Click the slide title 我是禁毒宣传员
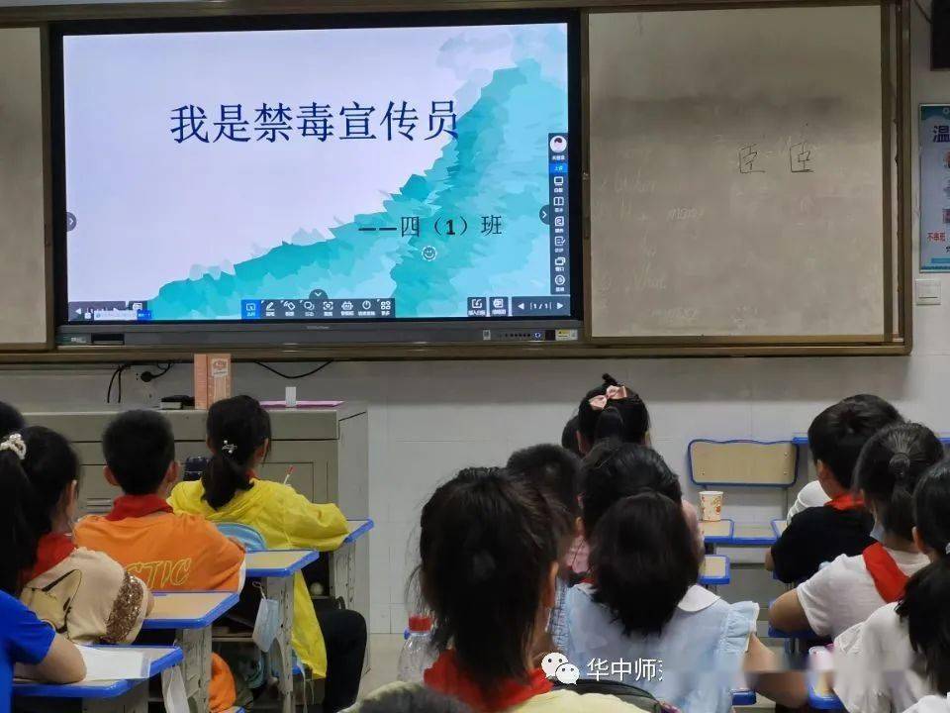pos(314,122)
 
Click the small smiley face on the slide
pos(428,254)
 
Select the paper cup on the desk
pos(711,505)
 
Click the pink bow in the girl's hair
pos(608,395)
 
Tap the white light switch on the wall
pos(927,290)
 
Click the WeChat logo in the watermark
pos(560,668)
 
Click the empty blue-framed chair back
pos(742,462)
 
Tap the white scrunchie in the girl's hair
pos(13,446)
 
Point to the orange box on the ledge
pos(212,380)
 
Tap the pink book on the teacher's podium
pos(301,404)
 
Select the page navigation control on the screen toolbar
pos(540,306)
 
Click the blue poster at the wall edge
pos(934,188)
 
